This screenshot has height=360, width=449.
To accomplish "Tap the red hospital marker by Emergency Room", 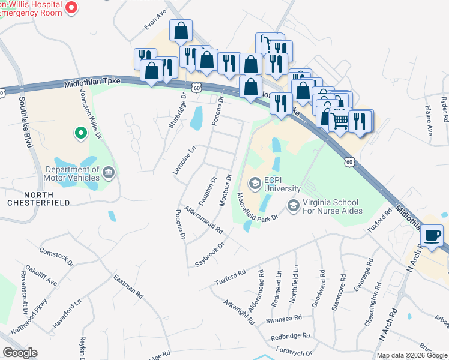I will point(72,8).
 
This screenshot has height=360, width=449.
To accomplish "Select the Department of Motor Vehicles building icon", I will point(109,173).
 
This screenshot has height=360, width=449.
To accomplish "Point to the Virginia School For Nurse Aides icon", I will point(294,206).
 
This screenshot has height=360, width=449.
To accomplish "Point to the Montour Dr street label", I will point(225,190).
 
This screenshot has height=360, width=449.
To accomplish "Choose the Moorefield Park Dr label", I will point(257,207).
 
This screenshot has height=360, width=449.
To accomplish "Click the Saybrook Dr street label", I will point(209,255).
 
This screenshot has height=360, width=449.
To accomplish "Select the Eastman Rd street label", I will point(128,286).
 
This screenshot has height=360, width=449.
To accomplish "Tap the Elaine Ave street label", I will point(429,125).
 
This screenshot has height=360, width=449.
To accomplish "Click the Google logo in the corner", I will point(20,353).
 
